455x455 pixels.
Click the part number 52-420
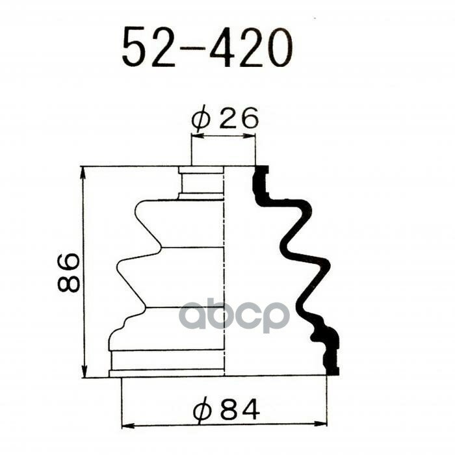207,47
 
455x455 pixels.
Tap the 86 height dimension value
68,272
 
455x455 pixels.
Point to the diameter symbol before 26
201,119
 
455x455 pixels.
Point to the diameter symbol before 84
202,410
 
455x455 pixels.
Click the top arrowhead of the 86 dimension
84,171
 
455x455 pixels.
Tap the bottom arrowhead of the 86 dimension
84,372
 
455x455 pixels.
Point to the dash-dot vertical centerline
224,273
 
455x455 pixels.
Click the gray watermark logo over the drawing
234,317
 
